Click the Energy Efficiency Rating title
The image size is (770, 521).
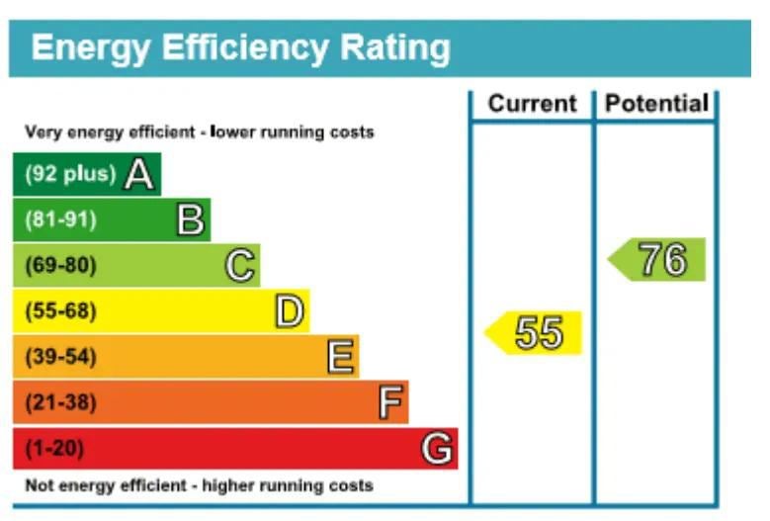click(241, 47)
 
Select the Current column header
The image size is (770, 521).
click(532, 104)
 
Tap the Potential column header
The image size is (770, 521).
click(656, 104)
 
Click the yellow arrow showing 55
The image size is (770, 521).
click(535, 333)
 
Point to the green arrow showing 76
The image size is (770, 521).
click(659, 259)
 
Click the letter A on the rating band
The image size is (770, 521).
click(139, 175)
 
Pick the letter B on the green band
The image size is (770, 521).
click(190, 220)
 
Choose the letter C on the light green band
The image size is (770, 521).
click(240, 266)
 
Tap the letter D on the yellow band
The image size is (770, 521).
click(289, 312)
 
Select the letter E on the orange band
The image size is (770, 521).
click(340, 357)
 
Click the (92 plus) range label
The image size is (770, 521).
click(70, 175)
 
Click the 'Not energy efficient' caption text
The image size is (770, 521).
click(199, 485)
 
